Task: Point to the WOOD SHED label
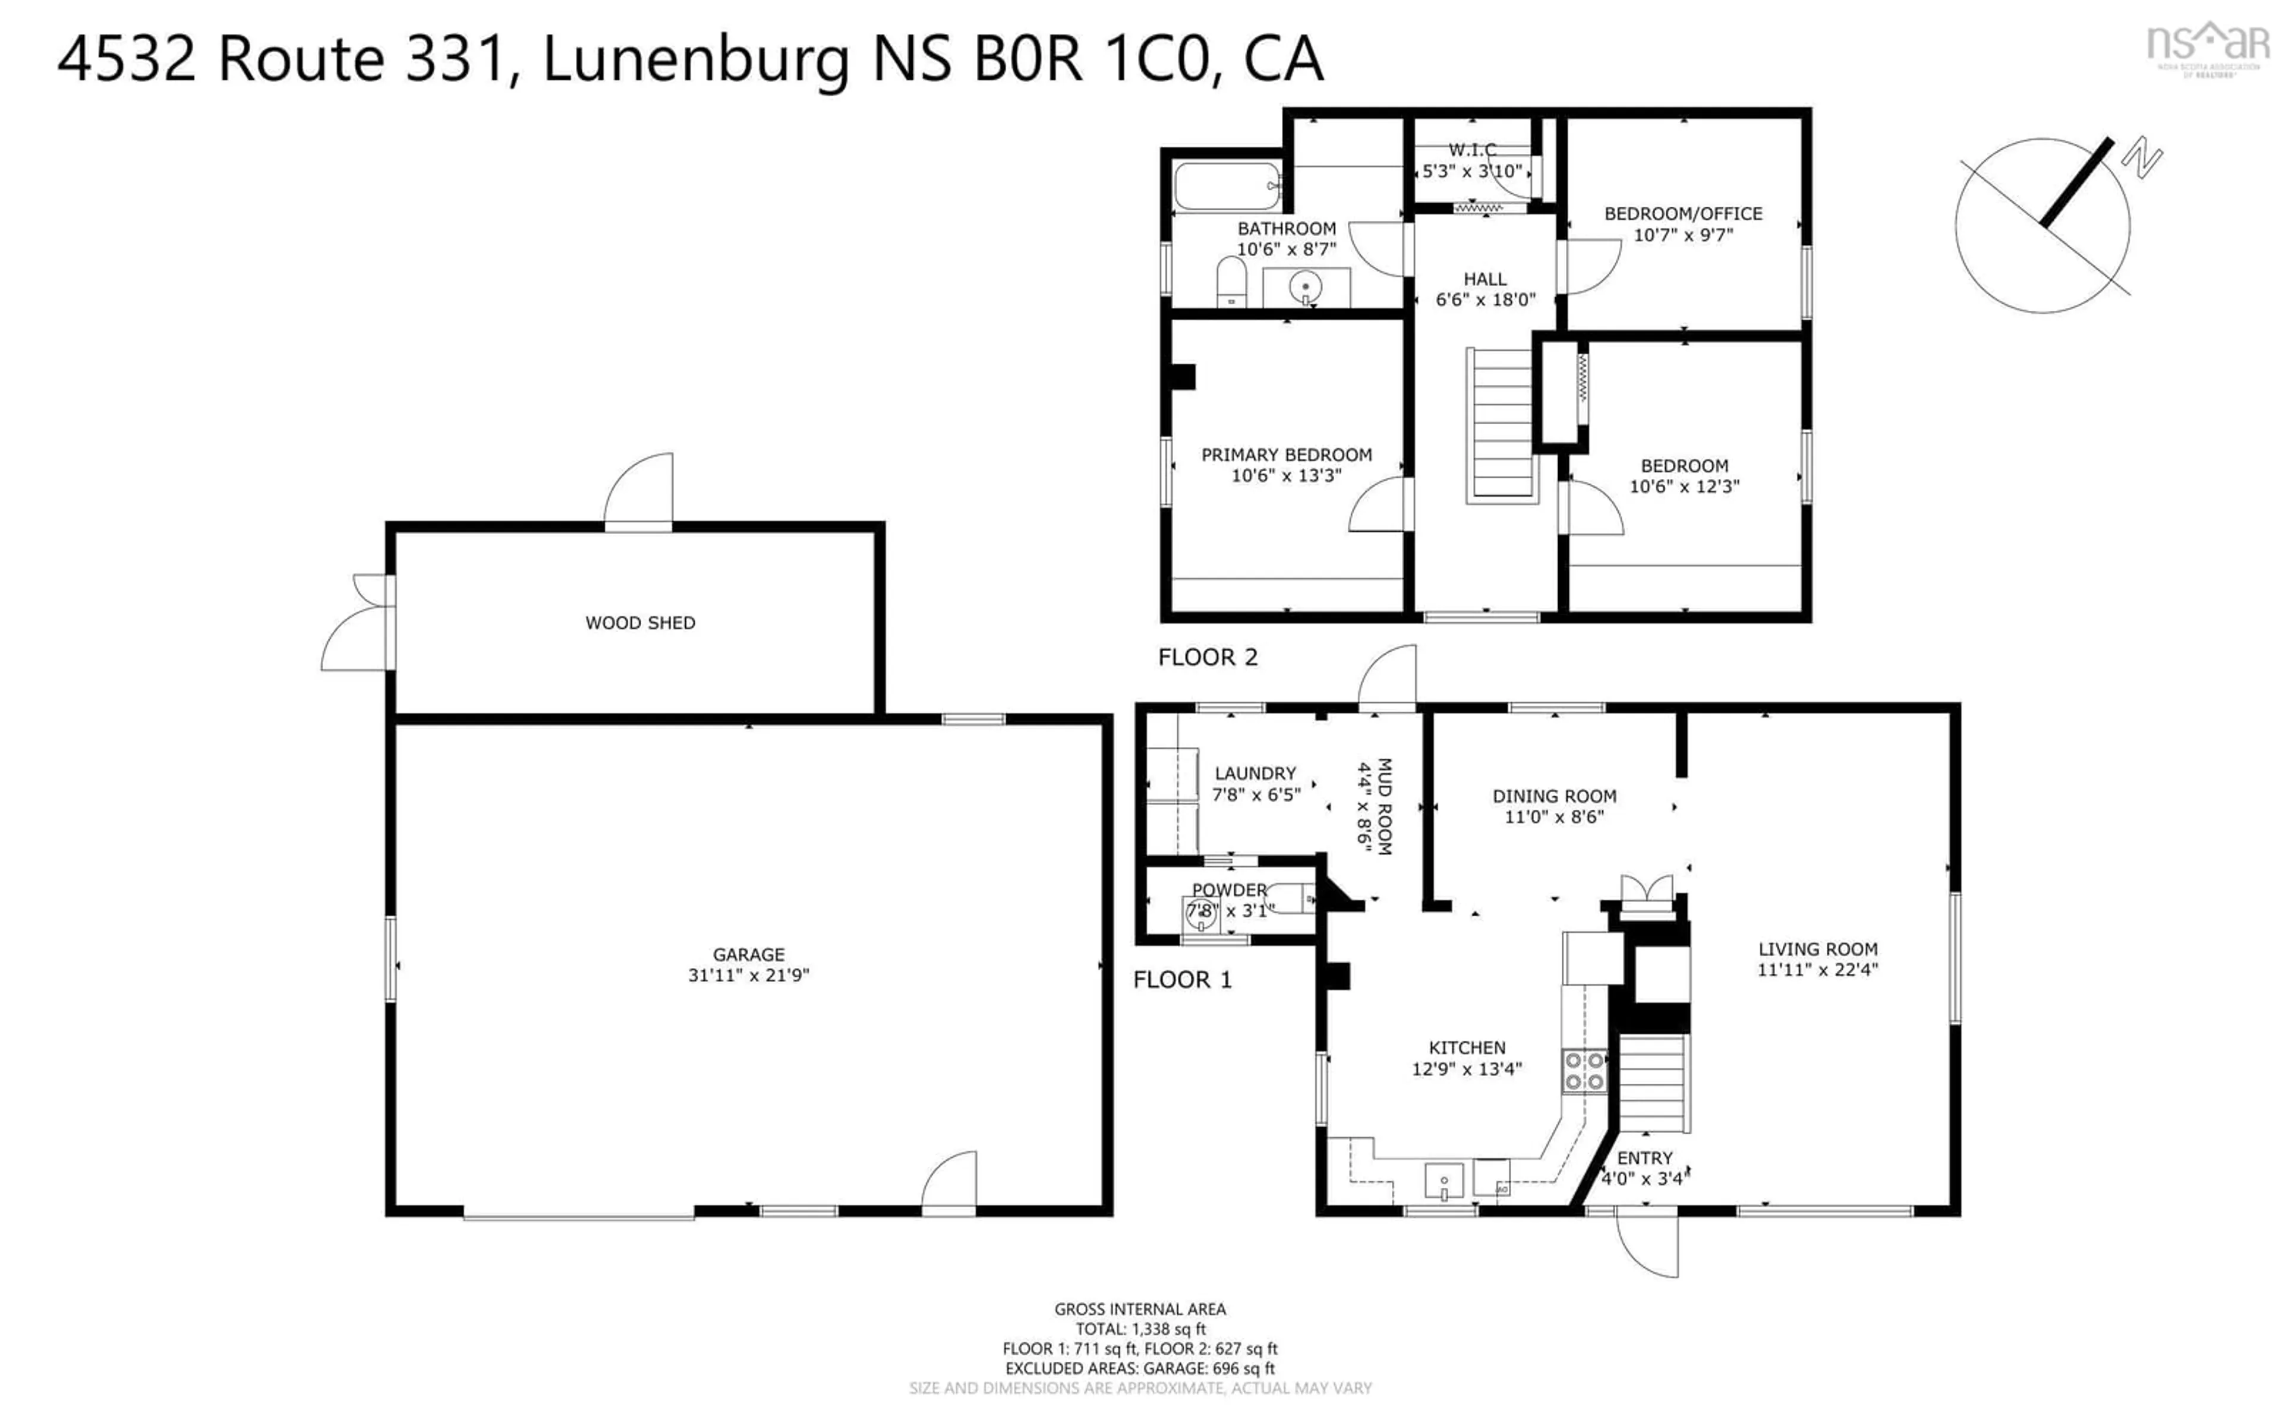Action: [x=640, y=623]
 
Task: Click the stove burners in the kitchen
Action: [x=1584, y=1071]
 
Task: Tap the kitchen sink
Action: [x=1443, y=1180]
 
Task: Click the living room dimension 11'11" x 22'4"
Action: [x=1817, y=970]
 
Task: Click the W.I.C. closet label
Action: [x=1472, y=150]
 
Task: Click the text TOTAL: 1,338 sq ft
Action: [x=1140, y=1329]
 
